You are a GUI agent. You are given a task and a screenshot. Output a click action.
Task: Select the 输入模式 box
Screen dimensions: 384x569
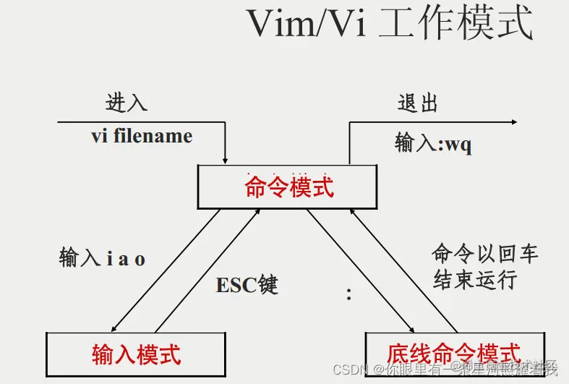coord(136,354)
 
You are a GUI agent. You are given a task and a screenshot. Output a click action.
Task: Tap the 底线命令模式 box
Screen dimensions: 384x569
coord(453,354)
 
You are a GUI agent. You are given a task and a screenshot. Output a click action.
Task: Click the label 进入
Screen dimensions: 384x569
coord(127,103)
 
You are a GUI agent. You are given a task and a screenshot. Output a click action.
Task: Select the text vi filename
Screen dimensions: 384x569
coord(142,136)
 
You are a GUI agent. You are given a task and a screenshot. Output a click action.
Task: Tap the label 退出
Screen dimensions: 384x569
coord(418,103)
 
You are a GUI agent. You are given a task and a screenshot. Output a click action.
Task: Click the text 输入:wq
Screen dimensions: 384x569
coord(433,143)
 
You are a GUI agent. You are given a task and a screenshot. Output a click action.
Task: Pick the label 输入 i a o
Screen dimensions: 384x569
coord(102,258)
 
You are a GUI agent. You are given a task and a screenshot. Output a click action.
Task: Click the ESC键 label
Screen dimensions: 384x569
coord(247,285)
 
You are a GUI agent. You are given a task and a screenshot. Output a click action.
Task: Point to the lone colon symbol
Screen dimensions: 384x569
coord(349,294)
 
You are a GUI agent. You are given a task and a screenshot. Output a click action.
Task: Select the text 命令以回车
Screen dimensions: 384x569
coord(485,254)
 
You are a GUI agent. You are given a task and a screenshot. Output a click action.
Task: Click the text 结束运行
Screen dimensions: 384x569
coord(475,280)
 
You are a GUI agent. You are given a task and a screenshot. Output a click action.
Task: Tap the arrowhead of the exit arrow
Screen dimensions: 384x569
coord(513,122)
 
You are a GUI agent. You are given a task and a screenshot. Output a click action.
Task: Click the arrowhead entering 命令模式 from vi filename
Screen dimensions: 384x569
coord(226,159)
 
